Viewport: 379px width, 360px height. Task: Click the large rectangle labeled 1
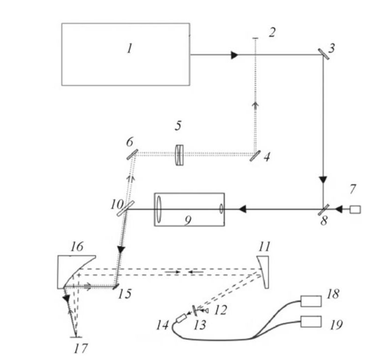coord(125,54)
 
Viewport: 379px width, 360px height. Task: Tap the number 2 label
coord(272,32)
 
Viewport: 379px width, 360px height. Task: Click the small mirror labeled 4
coord(255,155)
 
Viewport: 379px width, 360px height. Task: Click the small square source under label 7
coord(355,210)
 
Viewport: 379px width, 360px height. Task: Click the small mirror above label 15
coord(116,285)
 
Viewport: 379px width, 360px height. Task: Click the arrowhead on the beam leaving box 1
coord(234,55)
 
